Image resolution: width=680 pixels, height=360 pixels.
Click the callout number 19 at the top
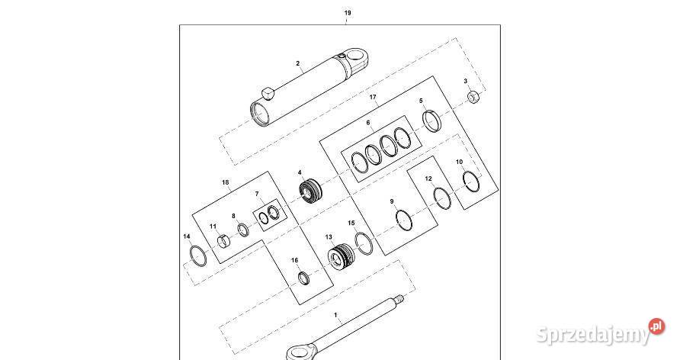click(x=348, y=14)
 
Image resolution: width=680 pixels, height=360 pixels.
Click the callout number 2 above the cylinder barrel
click(x=298, y=64)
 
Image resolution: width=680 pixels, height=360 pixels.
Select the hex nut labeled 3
click(x=473, y=96)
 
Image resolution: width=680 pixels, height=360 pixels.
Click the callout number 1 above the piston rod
click(x=335, y=313)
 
